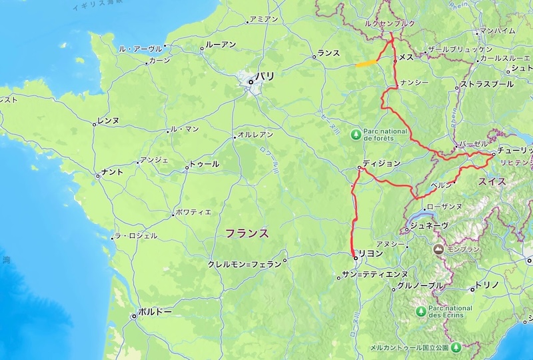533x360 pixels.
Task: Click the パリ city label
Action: click(265, 77)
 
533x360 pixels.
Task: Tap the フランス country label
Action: click(247, 233)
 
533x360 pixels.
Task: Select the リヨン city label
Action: click(371, 253)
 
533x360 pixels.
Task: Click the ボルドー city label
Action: click(155, 311)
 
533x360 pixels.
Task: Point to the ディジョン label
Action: click(382, 163)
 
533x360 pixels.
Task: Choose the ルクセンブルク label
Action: click(390, 23)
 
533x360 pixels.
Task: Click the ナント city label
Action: click(112, 173)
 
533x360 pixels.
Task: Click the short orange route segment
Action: click(365, 64)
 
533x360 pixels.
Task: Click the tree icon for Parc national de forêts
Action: click(356, 134)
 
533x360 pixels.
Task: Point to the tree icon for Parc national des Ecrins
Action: click(420, 311)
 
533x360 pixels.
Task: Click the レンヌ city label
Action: click(108, 121)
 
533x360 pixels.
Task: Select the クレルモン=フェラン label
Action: click(245, 264)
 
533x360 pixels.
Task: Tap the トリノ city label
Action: click(484, 285)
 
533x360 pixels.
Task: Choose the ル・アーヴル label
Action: click(140, 49)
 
